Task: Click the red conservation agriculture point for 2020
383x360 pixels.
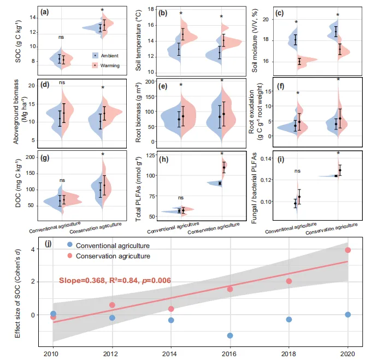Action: point(348,250)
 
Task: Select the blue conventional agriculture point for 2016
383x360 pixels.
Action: point(230,335)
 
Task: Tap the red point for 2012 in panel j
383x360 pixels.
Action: point(112,305)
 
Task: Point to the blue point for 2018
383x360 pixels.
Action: point(289,320)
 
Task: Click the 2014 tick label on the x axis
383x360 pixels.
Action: point(170,353)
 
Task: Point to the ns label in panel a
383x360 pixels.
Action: point(63,37)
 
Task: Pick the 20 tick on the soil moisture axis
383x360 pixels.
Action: point(267,20)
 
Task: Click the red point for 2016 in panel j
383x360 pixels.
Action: point(230,289)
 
